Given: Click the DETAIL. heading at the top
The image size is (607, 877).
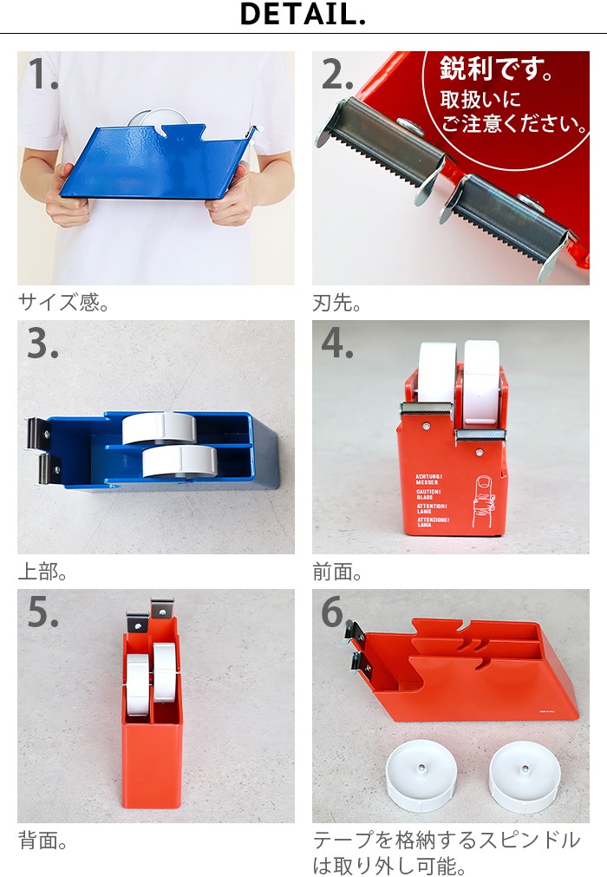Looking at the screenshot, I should pos(303,15).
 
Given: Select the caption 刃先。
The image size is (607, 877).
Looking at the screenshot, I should pos(337,303).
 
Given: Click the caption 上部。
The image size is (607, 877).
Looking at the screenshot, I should pos(43,573).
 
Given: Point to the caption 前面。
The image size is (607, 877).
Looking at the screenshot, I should pos(337,573).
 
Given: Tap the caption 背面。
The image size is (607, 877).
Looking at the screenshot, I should pos(43,841).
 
